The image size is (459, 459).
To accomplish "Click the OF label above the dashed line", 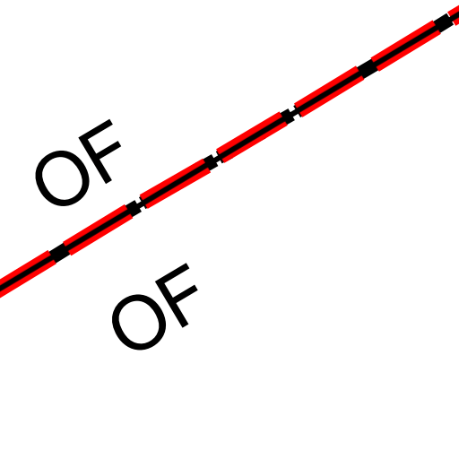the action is [78, 163].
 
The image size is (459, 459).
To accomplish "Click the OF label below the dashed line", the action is [155, 307].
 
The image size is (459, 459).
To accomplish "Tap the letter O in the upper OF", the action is [62, 178].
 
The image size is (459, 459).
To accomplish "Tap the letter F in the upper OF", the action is [100, 151].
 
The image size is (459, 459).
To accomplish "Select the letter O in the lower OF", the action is [139, 322].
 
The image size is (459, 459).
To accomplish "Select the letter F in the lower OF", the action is [177, 295].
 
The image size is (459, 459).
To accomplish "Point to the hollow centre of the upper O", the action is [62, 178].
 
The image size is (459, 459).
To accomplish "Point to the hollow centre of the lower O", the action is [139, 322].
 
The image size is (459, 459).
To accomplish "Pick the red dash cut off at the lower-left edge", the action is [26, 274].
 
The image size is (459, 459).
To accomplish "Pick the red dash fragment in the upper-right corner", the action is [454, 15].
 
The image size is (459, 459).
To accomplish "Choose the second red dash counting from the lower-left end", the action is [98, 229].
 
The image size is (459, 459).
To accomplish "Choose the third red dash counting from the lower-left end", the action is [175, 184].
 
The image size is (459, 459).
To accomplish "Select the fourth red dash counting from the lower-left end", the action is [252, 137].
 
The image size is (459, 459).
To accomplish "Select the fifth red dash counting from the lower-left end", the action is [329, 91].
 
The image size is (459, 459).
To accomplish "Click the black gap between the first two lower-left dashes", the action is [59, 253].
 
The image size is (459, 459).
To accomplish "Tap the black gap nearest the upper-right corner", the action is [444, 22].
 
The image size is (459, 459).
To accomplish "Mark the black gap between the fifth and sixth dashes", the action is [368, 68].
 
